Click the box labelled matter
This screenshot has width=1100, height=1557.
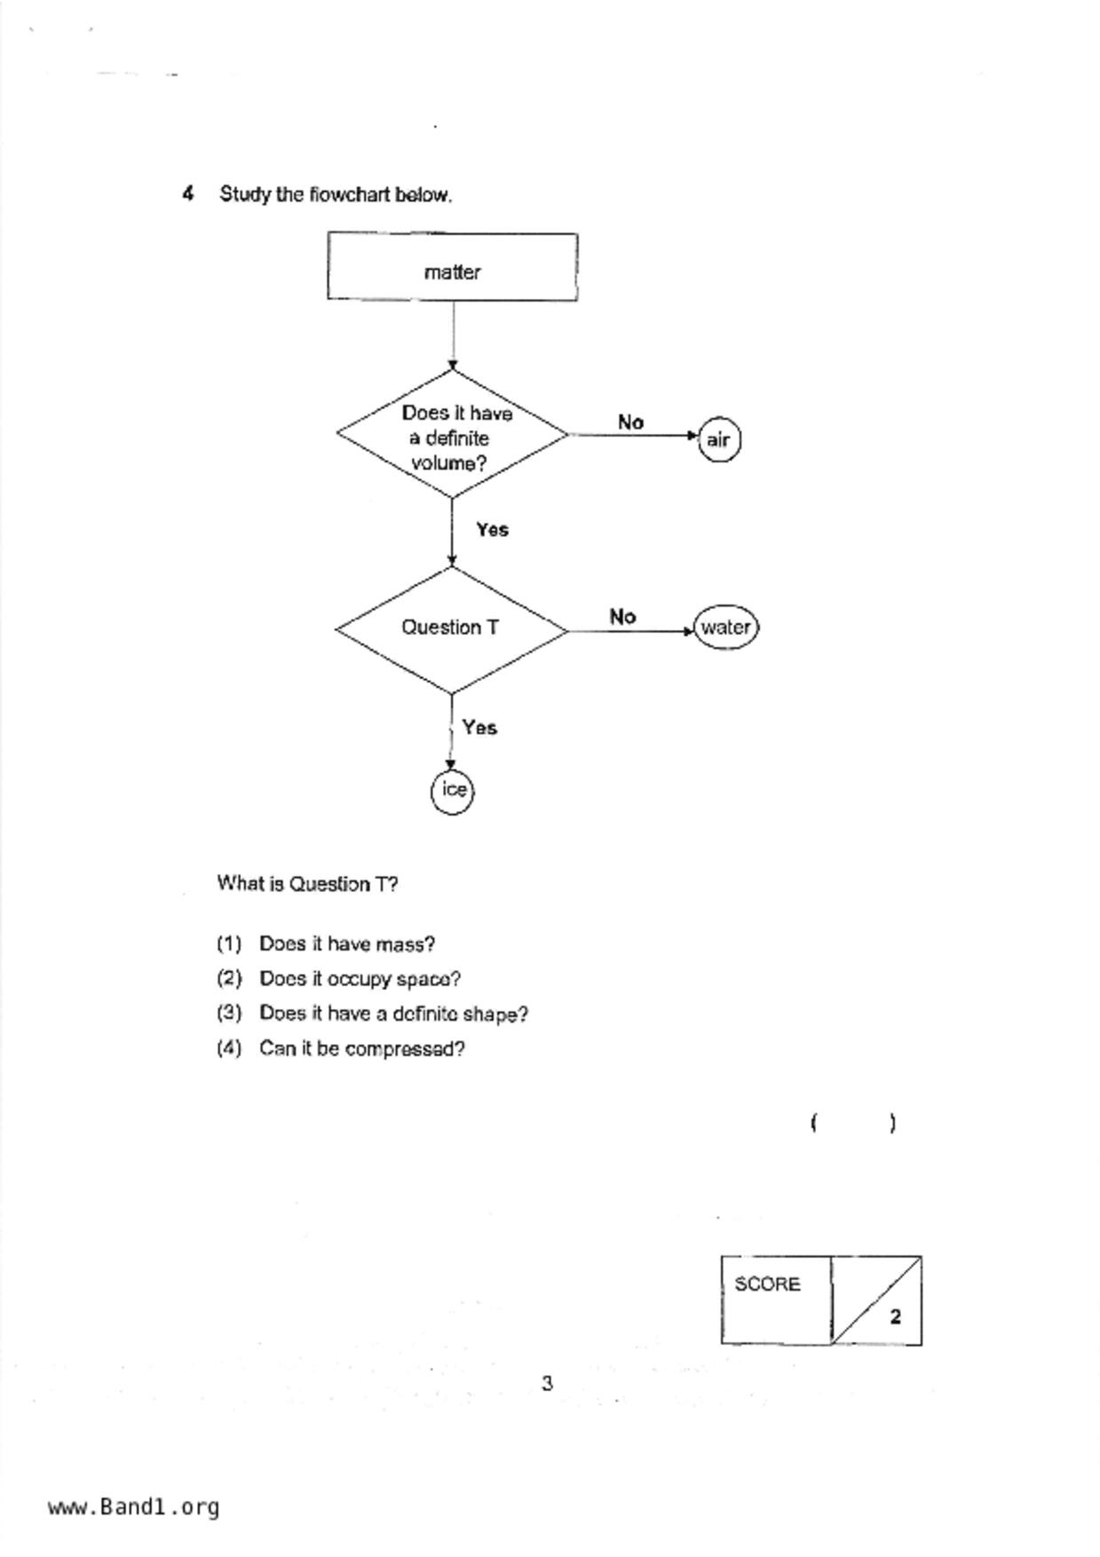[452, 267]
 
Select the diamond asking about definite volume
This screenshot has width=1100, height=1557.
[452, 435]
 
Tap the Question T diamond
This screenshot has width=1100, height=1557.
[451, 628]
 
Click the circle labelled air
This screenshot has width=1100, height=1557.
[719, 439]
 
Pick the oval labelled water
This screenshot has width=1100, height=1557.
[726, 628]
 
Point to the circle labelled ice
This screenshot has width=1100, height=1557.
[453, 790]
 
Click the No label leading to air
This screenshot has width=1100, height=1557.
[630, 423]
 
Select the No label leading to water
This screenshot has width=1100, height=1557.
[622, 617]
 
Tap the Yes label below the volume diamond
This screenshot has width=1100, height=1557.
[492, 530]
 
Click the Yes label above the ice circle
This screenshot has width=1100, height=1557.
[479, 728]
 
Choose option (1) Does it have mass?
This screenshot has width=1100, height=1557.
[326, 944]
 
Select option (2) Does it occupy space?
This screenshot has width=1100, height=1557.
[338, 979]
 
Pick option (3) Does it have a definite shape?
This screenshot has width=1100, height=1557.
[372, 1014]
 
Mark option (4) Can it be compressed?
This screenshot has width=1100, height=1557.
[340, 1049]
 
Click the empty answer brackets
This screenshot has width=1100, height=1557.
[853, 1124]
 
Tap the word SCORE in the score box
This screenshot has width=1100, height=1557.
[767, 1284]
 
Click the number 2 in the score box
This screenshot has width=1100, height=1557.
[895, 1317]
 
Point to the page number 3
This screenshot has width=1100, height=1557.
[547, 1383]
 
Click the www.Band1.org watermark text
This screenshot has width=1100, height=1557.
[134, 1507]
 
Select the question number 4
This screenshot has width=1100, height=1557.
[188, 194]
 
